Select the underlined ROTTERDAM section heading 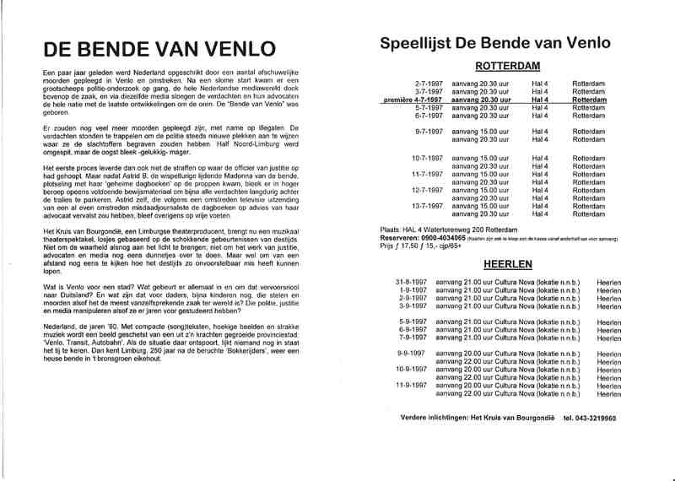point(507,67)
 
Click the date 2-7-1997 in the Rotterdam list point(429,84)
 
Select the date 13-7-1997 point(428,205)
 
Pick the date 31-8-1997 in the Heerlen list point(413,281)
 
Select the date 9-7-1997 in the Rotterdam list point(429,132)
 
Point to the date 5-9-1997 point(413,322)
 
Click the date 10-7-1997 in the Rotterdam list point(428,157)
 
